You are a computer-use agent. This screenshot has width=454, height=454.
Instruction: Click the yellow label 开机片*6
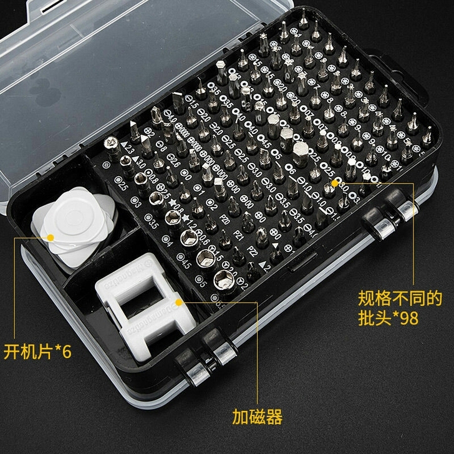(38, 351)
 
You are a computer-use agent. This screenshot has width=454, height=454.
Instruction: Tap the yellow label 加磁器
(257, 416)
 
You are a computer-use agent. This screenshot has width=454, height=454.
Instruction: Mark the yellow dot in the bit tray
(336, 183)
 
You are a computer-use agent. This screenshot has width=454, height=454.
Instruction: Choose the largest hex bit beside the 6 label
(300, 152)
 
